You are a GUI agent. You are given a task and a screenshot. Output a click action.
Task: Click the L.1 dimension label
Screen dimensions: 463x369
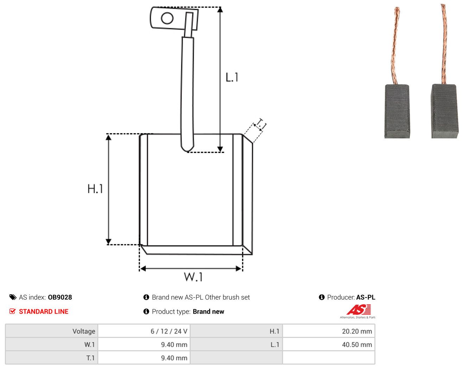click(x=232, y=77)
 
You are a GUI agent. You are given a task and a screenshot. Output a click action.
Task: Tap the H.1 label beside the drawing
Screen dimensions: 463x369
click(x=95, y=189)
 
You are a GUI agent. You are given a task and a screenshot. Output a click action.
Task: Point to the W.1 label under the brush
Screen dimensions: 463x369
click(x=193, y=277)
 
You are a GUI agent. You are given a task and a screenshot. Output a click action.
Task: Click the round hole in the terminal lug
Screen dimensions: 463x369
click(x=167, y=18)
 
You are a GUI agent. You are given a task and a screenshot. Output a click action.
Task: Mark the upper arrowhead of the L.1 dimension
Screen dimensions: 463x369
click(x=220, y=10)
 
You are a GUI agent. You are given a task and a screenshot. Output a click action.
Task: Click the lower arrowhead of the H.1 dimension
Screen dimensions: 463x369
click(x=109, y=242)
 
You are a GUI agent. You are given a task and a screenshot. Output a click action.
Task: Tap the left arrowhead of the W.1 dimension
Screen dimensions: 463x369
click(x=143, y=268)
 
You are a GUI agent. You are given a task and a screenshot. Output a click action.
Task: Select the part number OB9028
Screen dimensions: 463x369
click(x=60, y=297)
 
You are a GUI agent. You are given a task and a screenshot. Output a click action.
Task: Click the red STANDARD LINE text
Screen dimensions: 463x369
click(x=44, y=312)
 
